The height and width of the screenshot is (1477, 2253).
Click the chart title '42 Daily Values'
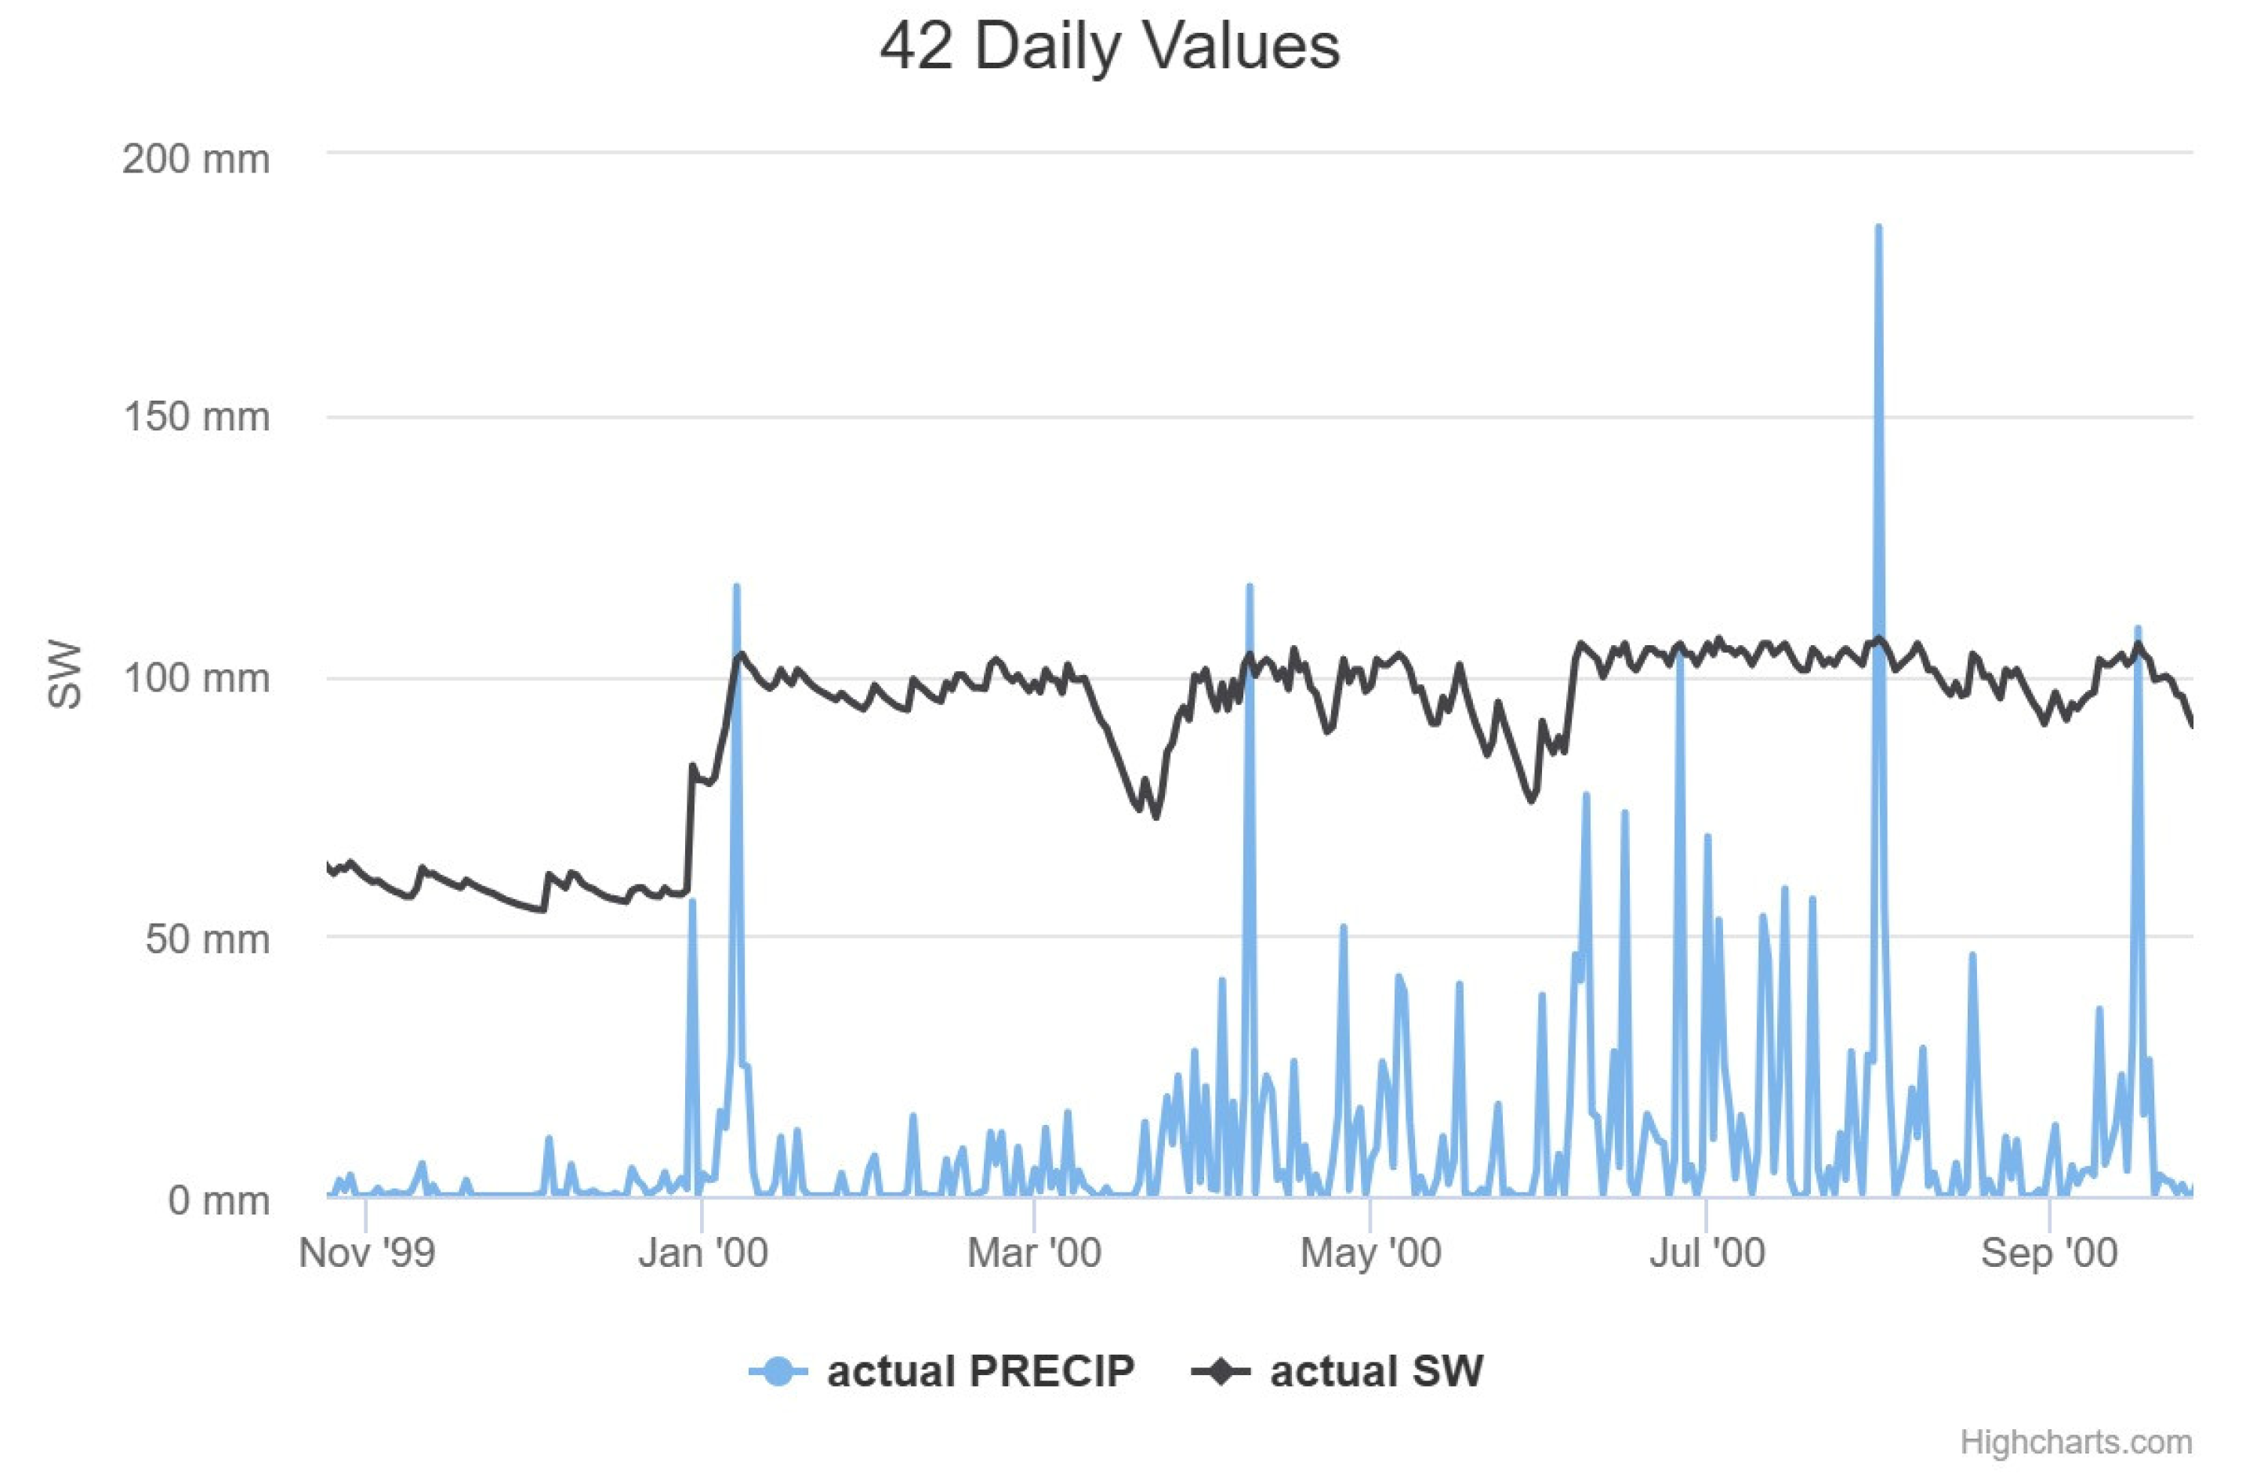click(x=1109, y=46)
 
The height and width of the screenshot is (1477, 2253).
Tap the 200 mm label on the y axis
click(x=196, y=159)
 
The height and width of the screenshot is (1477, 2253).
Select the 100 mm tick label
click(x=196, y=678)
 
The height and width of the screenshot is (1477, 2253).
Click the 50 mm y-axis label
click(x=207, y=939)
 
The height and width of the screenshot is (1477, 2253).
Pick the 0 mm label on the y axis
click(x=219, y=1200)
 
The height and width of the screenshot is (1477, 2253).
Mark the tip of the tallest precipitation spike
click(x=1878, y=228)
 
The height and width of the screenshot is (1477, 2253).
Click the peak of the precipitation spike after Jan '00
click(x=736, y=587)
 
